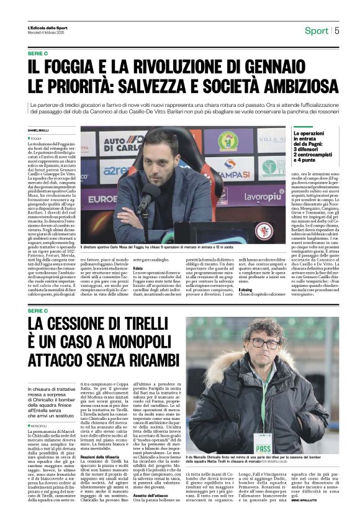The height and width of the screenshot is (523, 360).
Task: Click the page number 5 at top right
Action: point(337,30)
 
